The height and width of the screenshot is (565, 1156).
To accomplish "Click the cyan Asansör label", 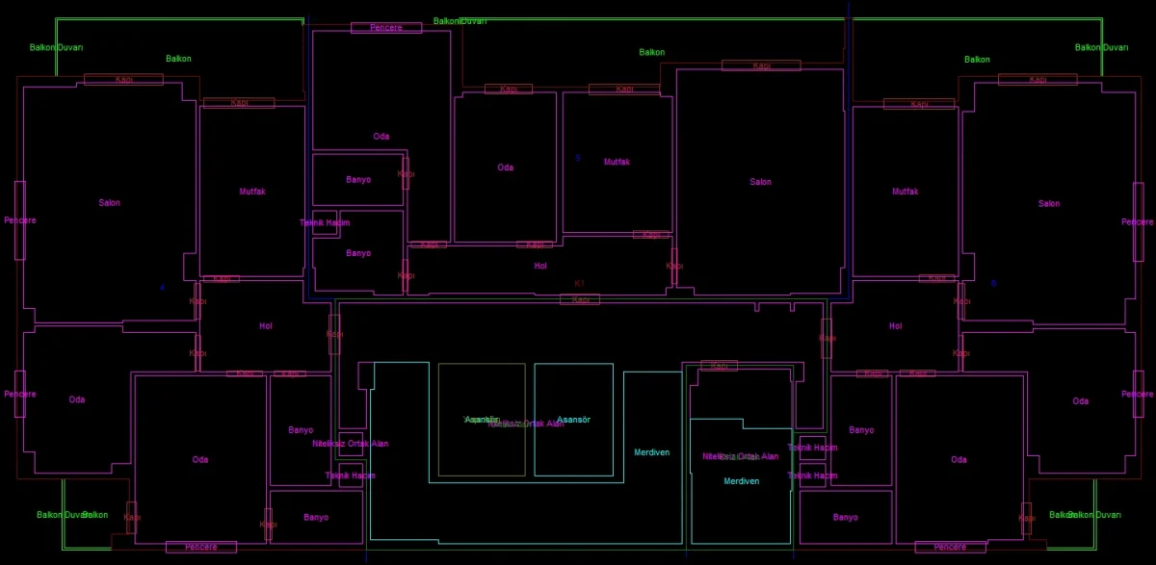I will tap(573, 420).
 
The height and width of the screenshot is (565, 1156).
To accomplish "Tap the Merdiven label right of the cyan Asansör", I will tap(651, 452).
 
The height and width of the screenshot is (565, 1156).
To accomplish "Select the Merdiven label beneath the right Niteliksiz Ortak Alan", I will tap(742, 481).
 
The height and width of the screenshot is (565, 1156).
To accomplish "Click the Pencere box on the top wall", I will tap(385, 28).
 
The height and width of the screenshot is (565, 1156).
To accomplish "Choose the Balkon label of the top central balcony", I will tap(652, 52).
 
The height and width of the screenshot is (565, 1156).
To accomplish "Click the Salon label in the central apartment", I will tap(761, 182).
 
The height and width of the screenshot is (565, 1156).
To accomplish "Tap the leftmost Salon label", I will tap(110, 203).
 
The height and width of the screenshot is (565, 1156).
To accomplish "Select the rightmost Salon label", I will tap(1049, 203).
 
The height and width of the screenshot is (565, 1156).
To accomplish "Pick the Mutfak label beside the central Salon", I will tap(617, 162).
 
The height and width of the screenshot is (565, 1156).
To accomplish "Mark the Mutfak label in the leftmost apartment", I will tap(252, 192).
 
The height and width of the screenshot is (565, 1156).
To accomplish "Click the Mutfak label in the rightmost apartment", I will tap(906, 192).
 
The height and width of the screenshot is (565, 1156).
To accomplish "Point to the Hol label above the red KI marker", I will tap(540, 266).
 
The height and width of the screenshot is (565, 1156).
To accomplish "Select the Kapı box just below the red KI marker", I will tap(580, 300).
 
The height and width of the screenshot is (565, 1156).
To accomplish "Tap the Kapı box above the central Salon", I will tap(761, 65).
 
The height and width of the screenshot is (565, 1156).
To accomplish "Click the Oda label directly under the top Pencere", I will tap(381, 137).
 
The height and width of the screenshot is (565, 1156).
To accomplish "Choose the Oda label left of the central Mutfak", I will tap(506, 167).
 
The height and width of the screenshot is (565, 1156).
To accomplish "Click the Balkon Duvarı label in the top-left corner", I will tap(57, 47).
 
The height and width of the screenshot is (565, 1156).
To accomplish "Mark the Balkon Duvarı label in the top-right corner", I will tap(1101, 47).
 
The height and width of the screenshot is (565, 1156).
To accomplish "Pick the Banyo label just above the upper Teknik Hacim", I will tap(358, 180).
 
